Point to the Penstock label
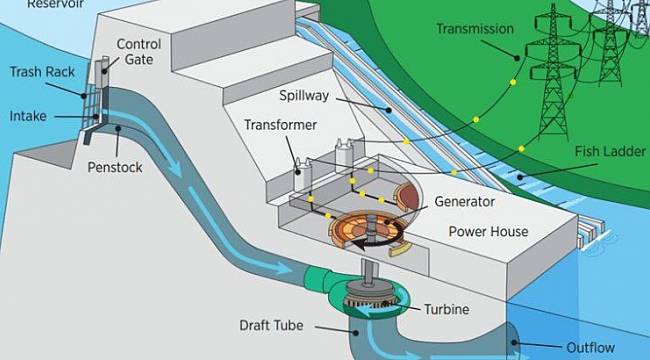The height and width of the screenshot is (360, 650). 142,167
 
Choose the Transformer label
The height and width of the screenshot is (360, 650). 281,125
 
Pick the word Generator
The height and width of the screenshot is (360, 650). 465,200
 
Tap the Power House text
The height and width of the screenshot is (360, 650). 487,231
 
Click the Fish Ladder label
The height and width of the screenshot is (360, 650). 609,151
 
